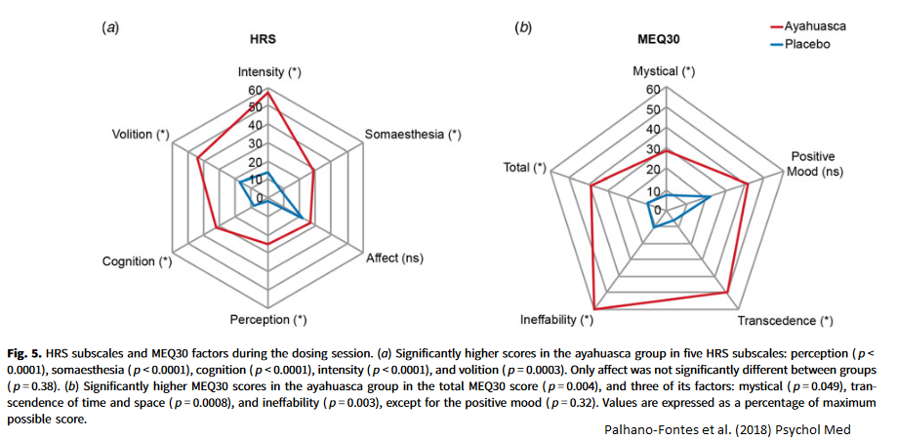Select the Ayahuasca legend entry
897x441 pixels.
(x=814, y=26)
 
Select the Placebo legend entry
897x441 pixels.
(x=807, y=44)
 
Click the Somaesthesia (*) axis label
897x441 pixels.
(x=413, y=134)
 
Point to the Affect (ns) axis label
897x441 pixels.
(x=394, y=259)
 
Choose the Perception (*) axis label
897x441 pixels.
(x=267, y=319)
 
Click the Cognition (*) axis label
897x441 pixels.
(x=137, y=261)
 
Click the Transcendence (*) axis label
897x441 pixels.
(x=785, y=320)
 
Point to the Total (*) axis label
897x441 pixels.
(x=524, y=168)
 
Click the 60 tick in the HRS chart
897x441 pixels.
(x=254, y=91)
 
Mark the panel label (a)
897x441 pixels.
(x=111, y=27)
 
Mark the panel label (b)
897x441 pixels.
(x=523, y=27)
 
